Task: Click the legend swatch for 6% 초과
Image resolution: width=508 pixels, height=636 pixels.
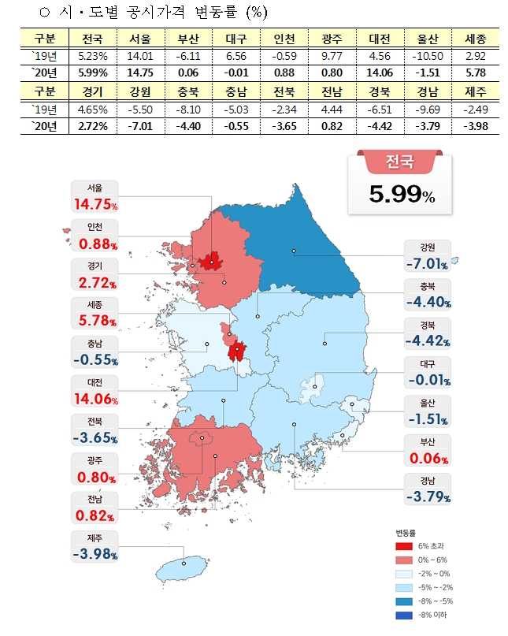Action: (402, 545)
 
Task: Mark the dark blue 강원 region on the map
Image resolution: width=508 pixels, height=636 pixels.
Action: (307, 244)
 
